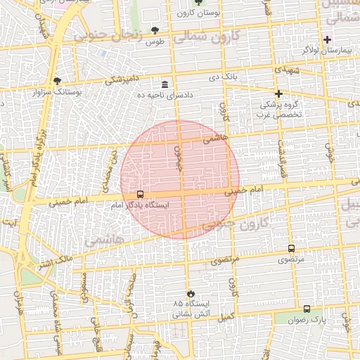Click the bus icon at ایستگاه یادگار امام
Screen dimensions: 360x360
click(140, 194)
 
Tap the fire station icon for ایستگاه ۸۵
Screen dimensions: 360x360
click(190, 292)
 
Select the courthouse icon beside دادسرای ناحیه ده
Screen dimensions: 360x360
click(165, 84)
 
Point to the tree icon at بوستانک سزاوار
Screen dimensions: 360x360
click(57, 81)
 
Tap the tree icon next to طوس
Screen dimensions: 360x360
click(155, 30)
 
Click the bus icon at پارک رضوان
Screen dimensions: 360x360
click(306, 309)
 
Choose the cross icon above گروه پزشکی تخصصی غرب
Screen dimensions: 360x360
click(278, 93)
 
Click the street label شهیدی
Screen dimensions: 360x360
click(288, 71)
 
